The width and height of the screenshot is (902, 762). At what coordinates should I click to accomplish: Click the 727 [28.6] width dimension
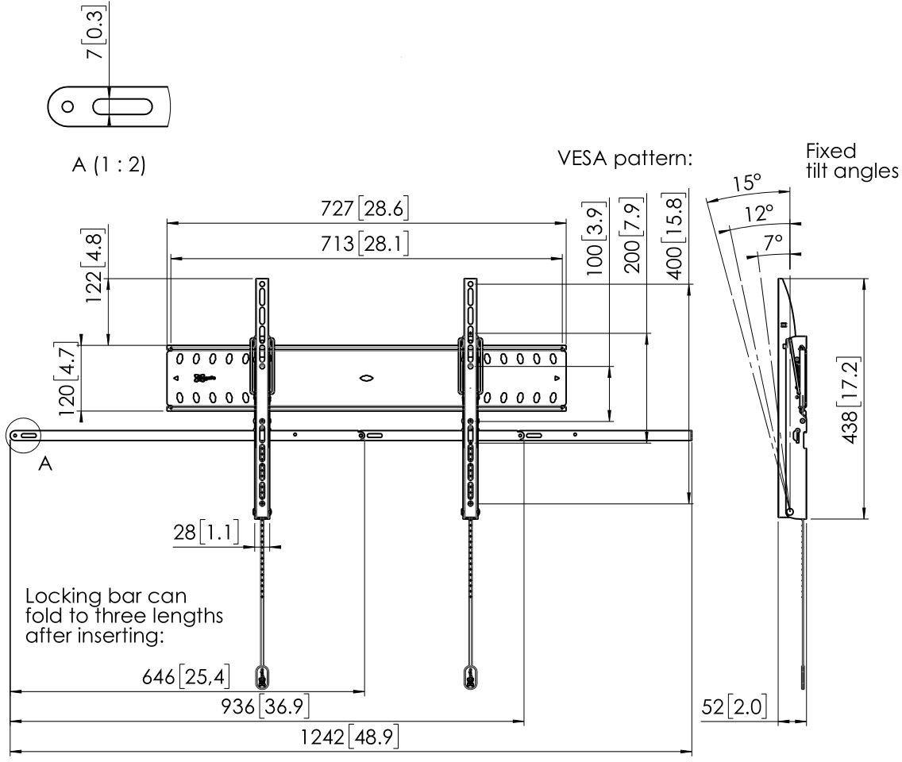(x=365, y=210)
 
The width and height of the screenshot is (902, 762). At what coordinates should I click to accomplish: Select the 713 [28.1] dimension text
(x=365, y=245)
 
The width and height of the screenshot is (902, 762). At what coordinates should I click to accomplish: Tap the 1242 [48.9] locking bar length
(x=349, y=737)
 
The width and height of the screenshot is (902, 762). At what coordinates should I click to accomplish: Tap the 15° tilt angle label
(x=746, y=183)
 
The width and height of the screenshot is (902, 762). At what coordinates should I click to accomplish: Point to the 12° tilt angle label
(x=758, y=213)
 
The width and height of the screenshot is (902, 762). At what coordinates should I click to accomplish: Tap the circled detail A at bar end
(x=24, y=436)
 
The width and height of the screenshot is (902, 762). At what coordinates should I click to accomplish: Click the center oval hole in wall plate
(x=366, y=379)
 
